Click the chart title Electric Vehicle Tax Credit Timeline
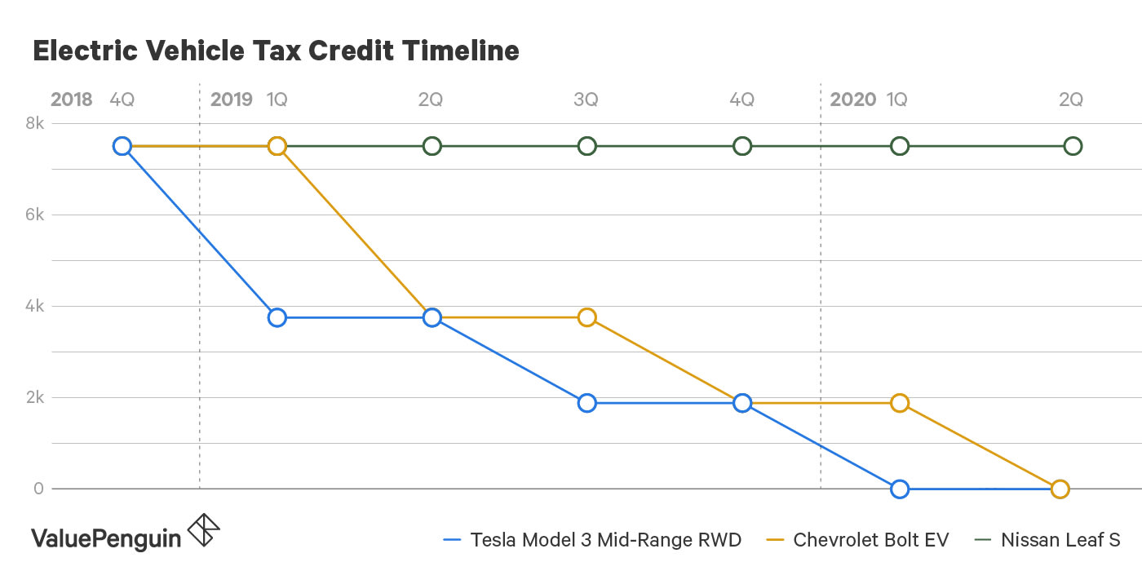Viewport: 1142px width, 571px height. tap(276, 51)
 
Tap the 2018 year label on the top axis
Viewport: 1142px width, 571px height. tap(72, 100)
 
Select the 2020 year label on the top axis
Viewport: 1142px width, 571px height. tap(852, 100)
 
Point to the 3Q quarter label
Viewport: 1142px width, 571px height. tap(586, 100)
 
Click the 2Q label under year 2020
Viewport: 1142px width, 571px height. tap(1070, 100)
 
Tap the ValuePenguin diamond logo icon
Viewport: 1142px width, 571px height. tap(203, 531)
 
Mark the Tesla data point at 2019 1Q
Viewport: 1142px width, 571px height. tap(277, 317)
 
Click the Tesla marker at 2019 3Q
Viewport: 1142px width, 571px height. tap(586, 403)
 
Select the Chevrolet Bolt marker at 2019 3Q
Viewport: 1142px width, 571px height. tap(586, 317)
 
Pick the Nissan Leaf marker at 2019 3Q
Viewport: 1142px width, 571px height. tap(586, 146)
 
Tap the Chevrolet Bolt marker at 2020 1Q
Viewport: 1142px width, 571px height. tap(899, 403)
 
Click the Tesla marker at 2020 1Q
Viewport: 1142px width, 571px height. tap(899, 489)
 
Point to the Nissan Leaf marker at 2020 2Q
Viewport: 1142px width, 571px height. tap(1073, 146)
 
